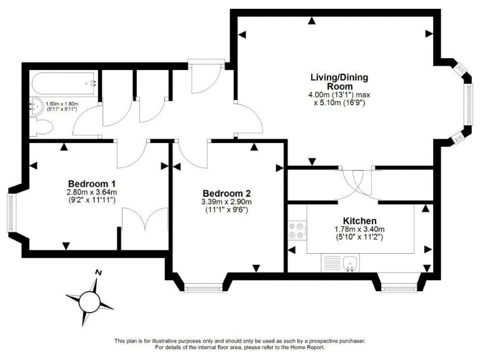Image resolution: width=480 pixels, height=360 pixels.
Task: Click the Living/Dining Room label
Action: coord(339,81)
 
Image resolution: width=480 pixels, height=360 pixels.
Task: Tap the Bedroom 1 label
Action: coord(92,184)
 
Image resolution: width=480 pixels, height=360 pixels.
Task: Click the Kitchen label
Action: coord(359,221)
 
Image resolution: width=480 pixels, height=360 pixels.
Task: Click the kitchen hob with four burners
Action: coord(296,231)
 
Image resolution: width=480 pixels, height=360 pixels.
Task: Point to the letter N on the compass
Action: coord(98,272)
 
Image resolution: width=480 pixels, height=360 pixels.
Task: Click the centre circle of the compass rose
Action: coord(89,302)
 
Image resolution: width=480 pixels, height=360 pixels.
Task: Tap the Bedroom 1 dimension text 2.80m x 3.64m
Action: coord(92,192)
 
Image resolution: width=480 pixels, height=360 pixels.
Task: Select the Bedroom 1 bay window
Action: coord(11,212)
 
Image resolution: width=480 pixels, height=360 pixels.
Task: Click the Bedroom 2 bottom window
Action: coord(204,287)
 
